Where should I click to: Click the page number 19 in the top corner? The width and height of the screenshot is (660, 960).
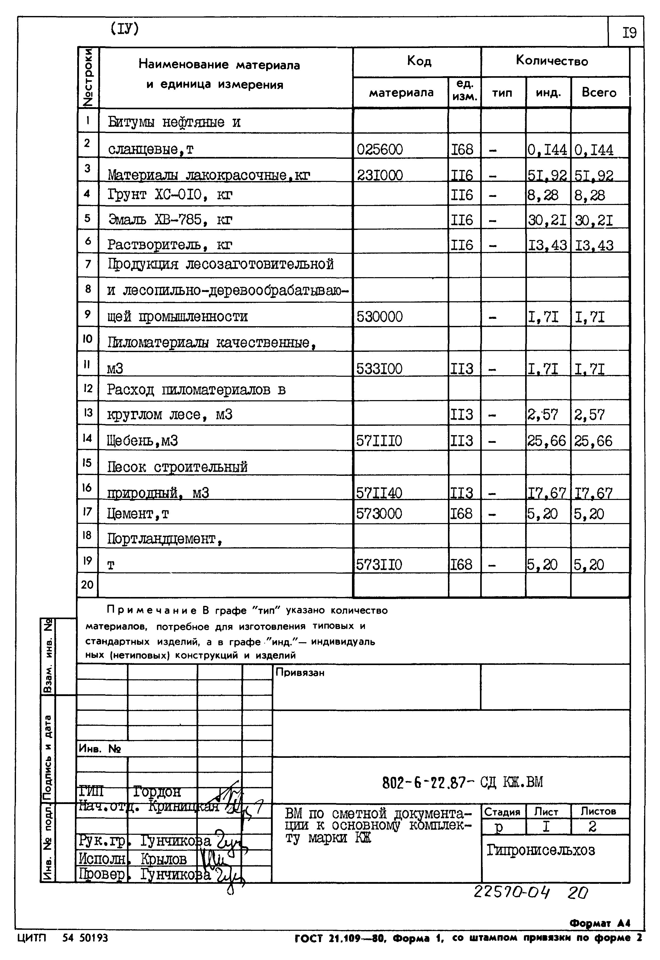(629, 33)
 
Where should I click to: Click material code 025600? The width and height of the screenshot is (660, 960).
(380, 149)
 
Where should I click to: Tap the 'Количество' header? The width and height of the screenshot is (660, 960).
(552, 61)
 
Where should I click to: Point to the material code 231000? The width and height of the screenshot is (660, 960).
(380, 175)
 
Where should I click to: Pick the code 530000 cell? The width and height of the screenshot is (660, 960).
(380, 317)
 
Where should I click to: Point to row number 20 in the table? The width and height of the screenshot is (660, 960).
(87, 585)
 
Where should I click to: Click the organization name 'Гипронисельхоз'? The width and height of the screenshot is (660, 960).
(540, 851)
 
